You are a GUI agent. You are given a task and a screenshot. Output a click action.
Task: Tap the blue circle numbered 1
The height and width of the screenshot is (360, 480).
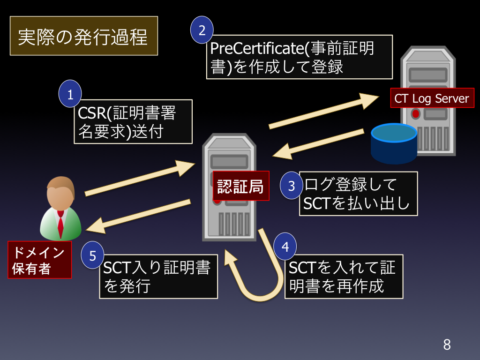coord(70,94)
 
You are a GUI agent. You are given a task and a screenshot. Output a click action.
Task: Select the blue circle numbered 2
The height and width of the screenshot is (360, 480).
coord(202,30)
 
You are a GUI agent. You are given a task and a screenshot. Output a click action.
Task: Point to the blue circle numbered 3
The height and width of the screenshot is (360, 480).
coord(292,186)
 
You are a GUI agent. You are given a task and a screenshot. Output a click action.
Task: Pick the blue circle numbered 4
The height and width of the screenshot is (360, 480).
coord(285,246)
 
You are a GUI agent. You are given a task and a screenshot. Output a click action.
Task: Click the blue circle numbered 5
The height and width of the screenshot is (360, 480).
coord(92,255)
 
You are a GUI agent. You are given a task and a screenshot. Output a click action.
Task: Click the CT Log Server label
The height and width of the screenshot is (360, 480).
coord(432,98)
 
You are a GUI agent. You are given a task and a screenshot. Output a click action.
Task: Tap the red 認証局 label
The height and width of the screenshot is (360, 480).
coord(241,186)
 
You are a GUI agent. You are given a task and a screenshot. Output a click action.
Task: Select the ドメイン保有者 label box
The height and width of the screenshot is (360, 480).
coord(39,260)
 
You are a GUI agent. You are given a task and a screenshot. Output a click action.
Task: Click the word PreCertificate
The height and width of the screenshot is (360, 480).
coord(257,48)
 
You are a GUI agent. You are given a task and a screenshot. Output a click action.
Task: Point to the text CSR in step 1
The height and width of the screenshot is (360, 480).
coord(91,113)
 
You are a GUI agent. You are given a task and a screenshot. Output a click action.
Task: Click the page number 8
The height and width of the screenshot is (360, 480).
coord(447,345)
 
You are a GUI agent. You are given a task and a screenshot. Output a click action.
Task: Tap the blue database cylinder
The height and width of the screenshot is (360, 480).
coord(394,143)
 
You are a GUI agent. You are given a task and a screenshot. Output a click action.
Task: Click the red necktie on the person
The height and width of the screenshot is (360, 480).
coord(60,224)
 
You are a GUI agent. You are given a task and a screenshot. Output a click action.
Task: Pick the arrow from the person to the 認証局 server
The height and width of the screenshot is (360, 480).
coord(140,178)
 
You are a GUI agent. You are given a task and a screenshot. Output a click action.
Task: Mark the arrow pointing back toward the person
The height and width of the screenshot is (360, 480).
coord(138,216)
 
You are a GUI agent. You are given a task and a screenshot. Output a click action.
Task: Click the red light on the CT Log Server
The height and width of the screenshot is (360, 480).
coord(415,114)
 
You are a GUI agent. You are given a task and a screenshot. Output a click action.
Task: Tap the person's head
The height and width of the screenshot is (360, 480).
coord(60,193)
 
